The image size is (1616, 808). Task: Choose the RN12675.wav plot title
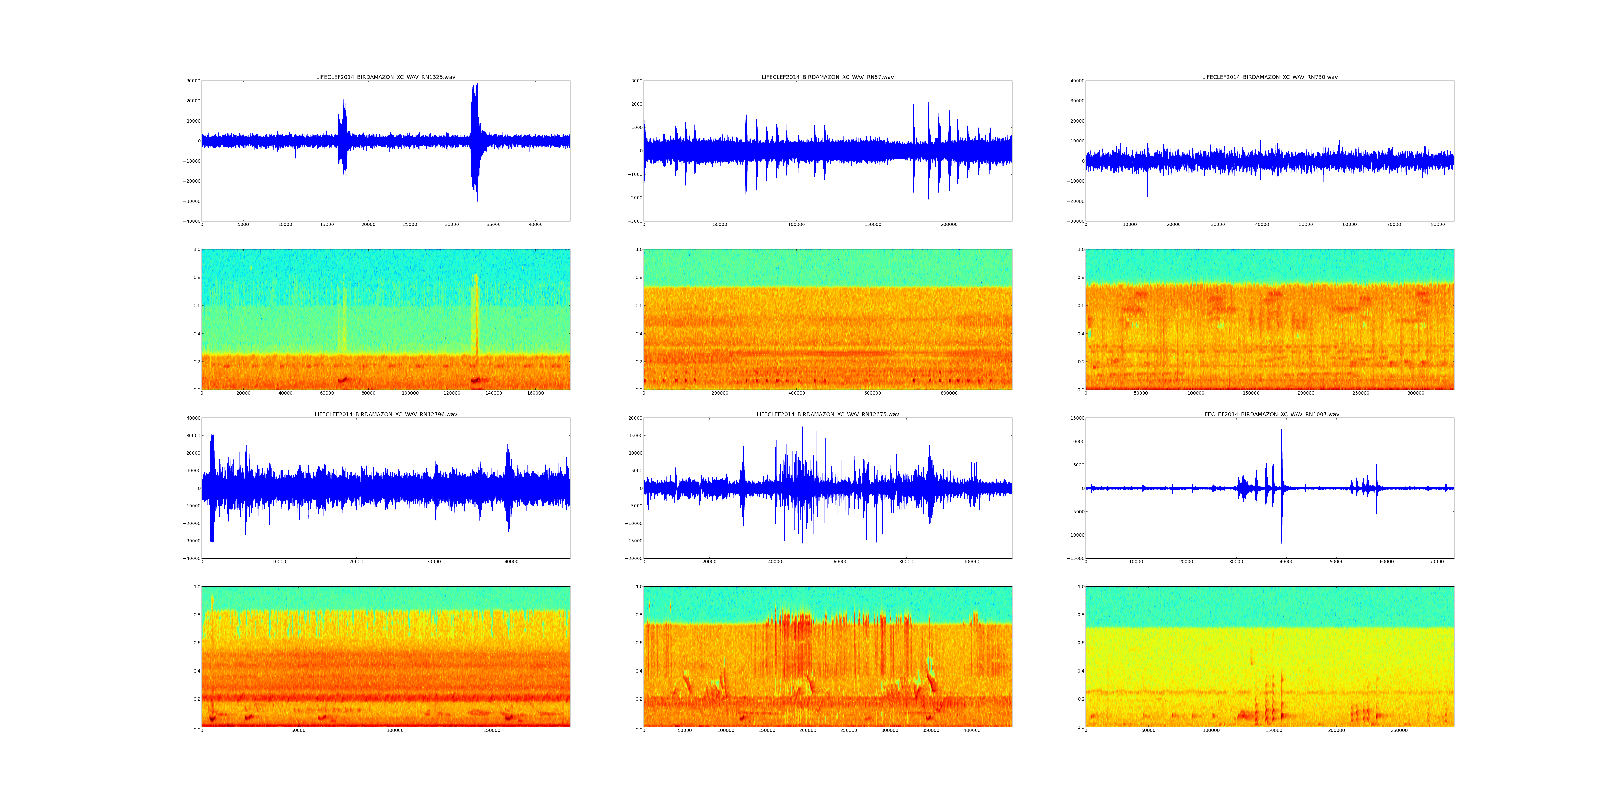(827, 414)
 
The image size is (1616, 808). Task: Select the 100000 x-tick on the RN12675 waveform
(972, 562)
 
